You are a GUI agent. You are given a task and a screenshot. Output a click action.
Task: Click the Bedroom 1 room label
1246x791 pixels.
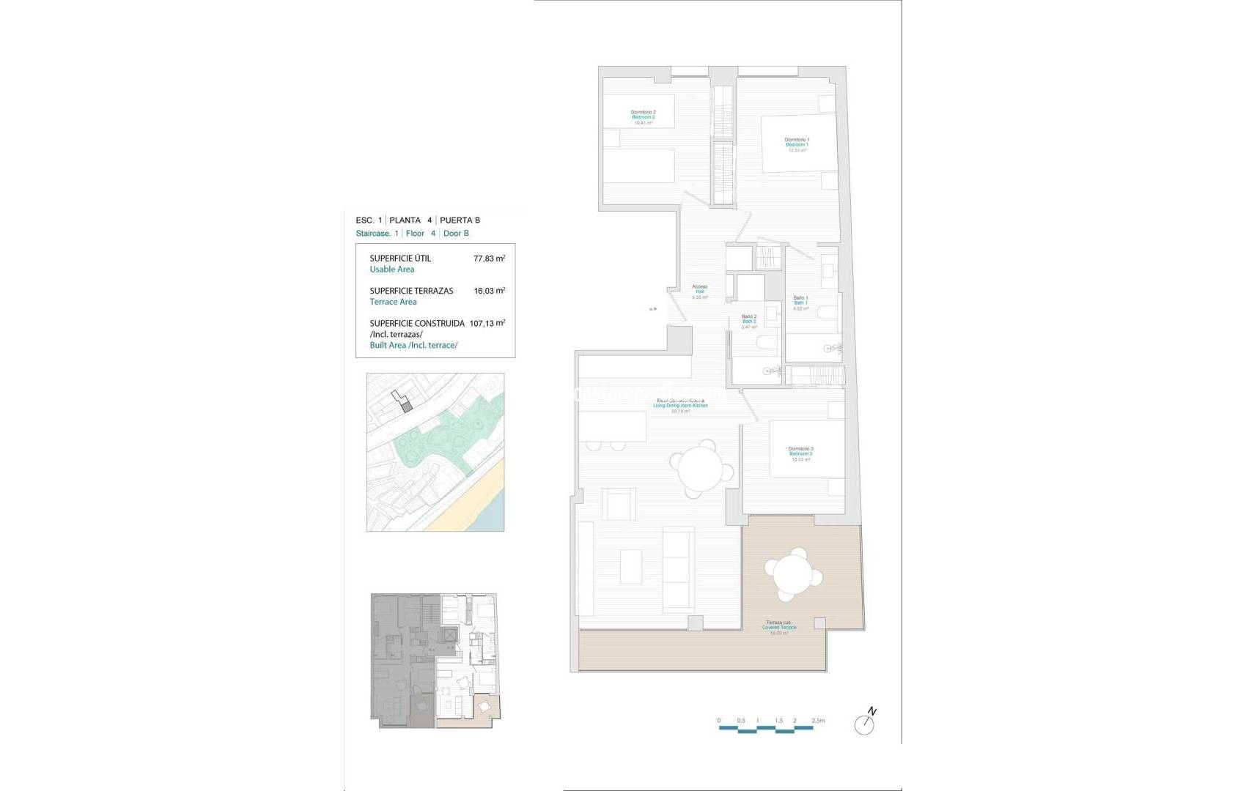pos(797,144)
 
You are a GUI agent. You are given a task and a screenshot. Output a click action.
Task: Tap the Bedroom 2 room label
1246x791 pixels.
pos(643,117)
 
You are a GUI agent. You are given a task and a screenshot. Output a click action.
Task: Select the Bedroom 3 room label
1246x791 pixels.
pos(800,453)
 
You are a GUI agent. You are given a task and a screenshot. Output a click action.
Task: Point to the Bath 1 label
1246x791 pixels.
pos(800,302)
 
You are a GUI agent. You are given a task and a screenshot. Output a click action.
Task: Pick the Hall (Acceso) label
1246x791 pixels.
pos(699,291)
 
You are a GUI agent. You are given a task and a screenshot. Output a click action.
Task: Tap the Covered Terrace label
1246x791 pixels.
pos(778,628)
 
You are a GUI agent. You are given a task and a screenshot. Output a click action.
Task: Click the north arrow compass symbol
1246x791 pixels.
pos(866,724)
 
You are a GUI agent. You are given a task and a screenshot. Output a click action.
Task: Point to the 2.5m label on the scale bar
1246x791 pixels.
pos(818,721)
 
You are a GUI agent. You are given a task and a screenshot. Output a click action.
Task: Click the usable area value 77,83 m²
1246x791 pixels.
pos(489,259)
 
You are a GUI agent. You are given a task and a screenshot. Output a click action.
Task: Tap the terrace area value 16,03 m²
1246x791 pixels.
pos(489,291)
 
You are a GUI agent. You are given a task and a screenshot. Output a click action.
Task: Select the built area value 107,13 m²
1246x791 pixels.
pos(487,323)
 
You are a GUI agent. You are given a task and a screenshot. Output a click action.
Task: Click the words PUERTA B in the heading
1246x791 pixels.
pos(460,220)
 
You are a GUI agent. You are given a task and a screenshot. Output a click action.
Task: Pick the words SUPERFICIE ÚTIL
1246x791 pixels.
pos(400,259)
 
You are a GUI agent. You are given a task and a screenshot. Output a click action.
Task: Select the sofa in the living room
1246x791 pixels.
pos(677,568)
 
